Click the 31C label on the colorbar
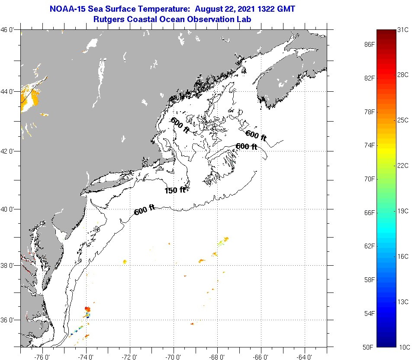tap(403, 30)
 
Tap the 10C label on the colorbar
tap(403, 347)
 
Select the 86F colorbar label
tap(369, 44)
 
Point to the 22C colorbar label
tap(403, 165)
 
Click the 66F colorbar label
tap(369, 212)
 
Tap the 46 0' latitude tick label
tap(10, 30)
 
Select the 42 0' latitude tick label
tap(10, 151)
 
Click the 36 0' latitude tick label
tap(10, 320)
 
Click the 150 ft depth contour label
tap(175, 190)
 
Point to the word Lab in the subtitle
tap(245, 19)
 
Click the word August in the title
tap(209, 9)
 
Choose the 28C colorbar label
tap(403, 75)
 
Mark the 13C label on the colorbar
tap(403, 302)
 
